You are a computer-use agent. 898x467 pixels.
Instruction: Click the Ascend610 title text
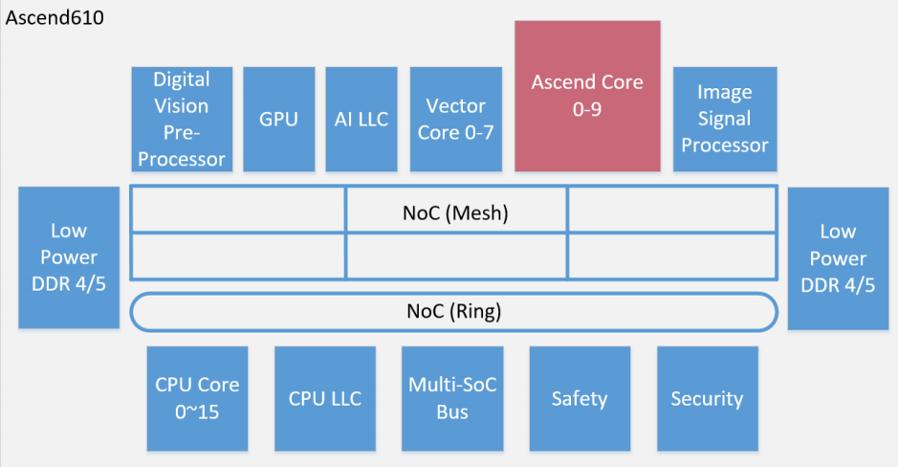(55, 18)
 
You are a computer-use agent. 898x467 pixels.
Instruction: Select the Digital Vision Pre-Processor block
(182, 119)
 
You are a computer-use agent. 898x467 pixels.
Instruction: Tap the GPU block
(278, 119)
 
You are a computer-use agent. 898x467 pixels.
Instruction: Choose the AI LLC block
(361, 119)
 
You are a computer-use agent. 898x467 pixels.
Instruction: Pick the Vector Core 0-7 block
(455, 119)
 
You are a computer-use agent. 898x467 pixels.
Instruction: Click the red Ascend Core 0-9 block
(587, 96)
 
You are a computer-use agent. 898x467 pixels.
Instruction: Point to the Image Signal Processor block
(724, 119)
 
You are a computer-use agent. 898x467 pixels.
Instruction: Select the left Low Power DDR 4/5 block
(69, 257)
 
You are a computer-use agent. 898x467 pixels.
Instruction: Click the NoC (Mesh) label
(455, 212)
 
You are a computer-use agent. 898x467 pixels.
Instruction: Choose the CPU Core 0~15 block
(197, 398)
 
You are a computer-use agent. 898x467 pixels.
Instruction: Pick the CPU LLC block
(325, 398)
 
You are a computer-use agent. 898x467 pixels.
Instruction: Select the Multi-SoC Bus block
(452, 398)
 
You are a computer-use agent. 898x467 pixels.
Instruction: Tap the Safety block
(580, 398)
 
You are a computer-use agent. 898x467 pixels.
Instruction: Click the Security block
(707, 398)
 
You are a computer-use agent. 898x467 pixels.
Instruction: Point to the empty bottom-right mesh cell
(671, 256)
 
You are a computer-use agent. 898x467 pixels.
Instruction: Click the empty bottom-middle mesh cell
(456, 256)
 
